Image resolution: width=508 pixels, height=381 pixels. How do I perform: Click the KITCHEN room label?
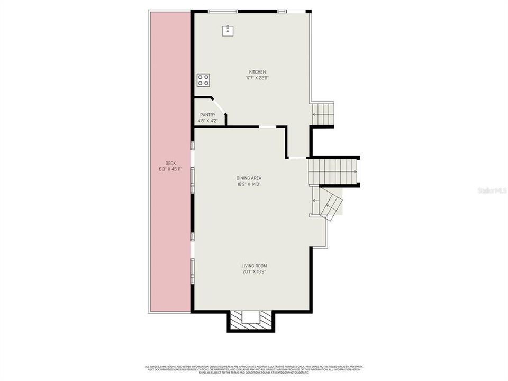click(x=258, y=72)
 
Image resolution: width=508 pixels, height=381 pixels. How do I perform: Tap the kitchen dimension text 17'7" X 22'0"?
click(x=258, y=78)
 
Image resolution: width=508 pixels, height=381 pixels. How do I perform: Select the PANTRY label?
click(x=207, y=115)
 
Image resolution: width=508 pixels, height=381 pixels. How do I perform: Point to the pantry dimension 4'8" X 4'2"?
click(x=207, y=121)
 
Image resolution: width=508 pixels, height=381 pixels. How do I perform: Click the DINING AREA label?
click(x=249, y=178)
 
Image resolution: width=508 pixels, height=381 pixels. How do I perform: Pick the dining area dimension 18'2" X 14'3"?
click(x=249, y=184)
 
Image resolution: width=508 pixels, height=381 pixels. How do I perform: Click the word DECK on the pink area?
click(x=170, y=163)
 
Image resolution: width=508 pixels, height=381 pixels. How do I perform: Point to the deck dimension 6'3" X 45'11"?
click(x=170, y=169)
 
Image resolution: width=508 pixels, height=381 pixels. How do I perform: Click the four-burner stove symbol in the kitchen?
click(x=204, y=80)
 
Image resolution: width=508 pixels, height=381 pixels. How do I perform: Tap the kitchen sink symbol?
click(x=228, y=30)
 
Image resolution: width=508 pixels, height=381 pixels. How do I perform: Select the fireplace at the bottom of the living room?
click(x=251, y=319)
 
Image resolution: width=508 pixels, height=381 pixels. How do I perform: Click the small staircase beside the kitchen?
click(x=323, y=113)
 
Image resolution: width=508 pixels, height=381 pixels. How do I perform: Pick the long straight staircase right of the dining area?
click(x=334, y=171)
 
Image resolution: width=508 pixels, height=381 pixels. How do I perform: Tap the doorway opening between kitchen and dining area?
click(x=267, y=126)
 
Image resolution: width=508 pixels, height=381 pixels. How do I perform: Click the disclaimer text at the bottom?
click(x=254, y=368)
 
